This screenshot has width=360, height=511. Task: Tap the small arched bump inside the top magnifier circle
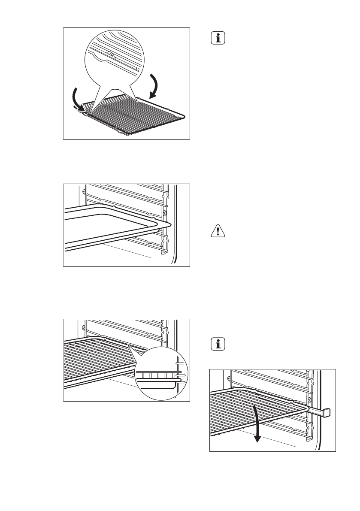[x=110, y=54]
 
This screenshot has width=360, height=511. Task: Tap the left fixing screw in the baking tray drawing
[x=83, y=189]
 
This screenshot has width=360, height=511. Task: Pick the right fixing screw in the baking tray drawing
[x=165, y=213]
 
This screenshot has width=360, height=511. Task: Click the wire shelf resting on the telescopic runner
[x=240, y=412]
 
